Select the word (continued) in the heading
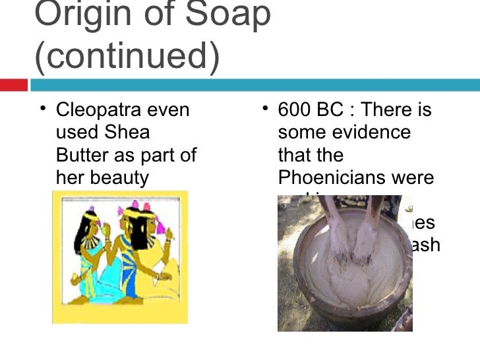[x=126, y=58]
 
